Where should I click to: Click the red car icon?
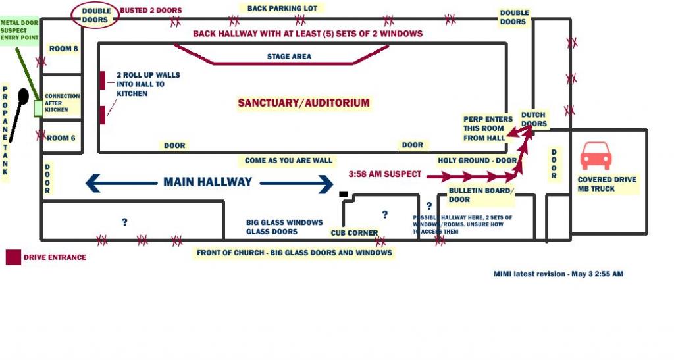click(x=596, y=156)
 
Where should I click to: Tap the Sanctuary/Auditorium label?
click(x=303, y=103)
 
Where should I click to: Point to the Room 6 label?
click(x=62, y=138)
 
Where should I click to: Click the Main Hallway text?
click(x=208, y=182)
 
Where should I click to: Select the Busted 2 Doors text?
click(x=151, y=11)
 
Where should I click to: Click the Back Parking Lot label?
click(x=282, y=9)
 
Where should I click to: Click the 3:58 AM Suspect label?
click(x=385, y=174)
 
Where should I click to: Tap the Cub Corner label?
click(x=354, y=233)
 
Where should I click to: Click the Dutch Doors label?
click(x=533, y=119)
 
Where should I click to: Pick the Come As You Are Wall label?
click(x=288, y=161)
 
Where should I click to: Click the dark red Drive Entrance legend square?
click(x=13, y=257)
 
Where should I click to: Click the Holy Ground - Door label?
click(x=477, y=161)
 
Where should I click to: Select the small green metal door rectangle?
click(x=38, y=108)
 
